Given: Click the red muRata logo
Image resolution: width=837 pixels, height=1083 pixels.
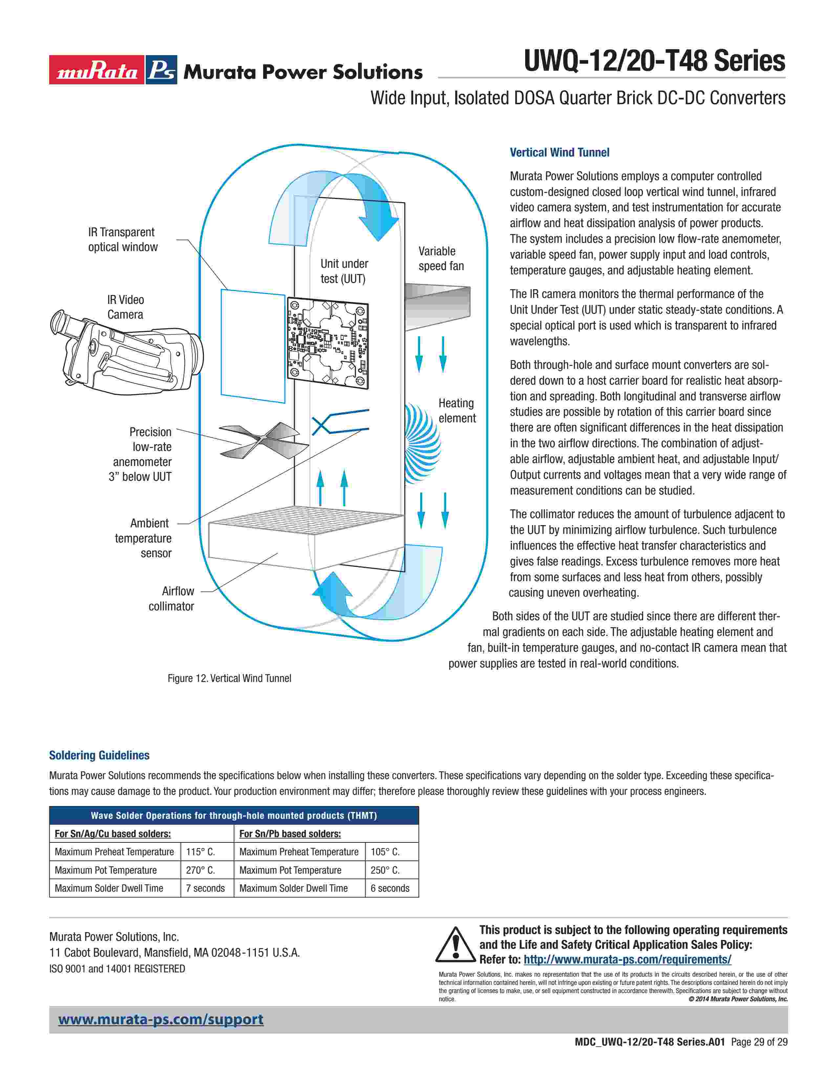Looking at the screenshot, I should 97,71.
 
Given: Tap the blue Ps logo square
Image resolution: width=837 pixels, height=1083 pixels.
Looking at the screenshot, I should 161,71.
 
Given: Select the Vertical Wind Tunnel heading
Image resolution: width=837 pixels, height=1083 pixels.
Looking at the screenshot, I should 559,153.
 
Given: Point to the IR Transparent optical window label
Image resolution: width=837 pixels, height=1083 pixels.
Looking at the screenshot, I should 122,240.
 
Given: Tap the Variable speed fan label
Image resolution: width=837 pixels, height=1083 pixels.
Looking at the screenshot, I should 441,258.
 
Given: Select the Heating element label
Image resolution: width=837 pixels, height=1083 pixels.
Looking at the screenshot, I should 457,411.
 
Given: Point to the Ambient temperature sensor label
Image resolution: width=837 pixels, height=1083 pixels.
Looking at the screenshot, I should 143,538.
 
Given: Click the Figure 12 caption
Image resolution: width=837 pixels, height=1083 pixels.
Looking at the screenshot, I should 229,678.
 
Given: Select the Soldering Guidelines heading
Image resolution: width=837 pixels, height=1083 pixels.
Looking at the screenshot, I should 99,755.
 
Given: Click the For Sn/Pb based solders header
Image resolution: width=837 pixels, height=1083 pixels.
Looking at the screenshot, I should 290,834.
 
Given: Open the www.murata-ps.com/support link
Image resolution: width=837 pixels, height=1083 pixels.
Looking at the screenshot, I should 161,1020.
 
